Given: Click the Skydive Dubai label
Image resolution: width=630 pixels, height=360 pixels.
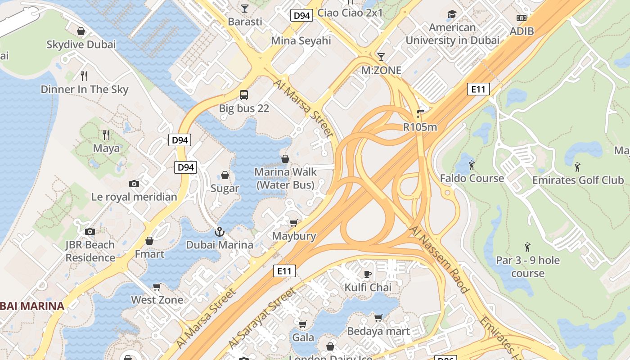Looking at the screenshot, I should [81, 45].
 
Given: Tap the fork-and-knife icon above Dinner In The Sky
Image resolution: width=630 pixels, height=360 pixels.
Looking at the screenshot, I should [84, 76].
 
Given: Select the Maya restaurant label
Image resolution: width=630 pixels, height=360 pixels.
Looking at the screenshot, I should [106, 148].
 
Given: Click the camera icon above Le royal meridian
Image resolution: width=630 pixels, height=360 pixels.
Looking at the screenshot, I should [134, 184].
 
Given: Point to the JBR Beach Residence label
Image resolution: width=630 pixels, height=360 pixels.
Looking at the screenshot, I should [90, 251].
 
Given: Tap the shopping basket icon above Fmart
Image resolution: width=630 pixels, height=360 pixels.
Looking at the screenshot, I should [149, 241].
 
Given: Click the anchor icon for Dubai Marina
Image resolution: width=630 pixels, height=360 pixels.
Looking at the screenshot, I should [220, 232].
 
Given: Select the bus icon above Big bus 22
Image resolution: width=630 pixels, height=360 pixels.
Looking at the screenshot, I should [244, 95].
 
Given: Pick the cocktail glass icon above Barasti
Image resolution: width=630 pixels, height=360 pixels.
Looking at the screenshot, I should [244, 8].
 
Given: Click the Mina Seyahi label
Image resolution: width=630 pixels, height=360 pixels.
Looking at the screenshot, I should [301, 40].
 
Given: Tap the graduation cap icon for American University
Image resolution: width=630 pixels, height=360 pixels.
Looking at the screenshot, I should [452, 14].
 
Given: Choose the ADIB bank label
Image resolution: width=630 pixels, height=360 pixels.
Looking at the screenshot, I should [522, 31].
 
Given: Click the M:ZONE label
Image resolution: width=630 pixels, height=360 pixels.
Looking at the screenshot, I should [381, 70].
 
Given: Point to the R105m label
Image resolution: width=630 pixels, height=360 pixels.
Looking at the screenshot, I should [420, 127].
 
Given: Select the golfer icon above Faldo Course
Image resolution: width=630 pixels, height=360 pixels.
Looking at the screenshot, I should [472, 165].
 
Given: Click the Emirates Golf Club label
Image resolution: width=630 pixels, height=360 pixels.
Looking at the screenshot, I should [578, 180].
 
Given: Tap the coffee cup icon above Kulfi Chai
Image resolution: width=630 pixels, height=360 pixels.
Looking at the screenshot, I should [368, 274].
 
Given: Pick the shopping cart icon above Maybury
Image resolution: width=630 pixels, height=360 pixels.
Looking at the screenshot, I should [294, 223].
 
